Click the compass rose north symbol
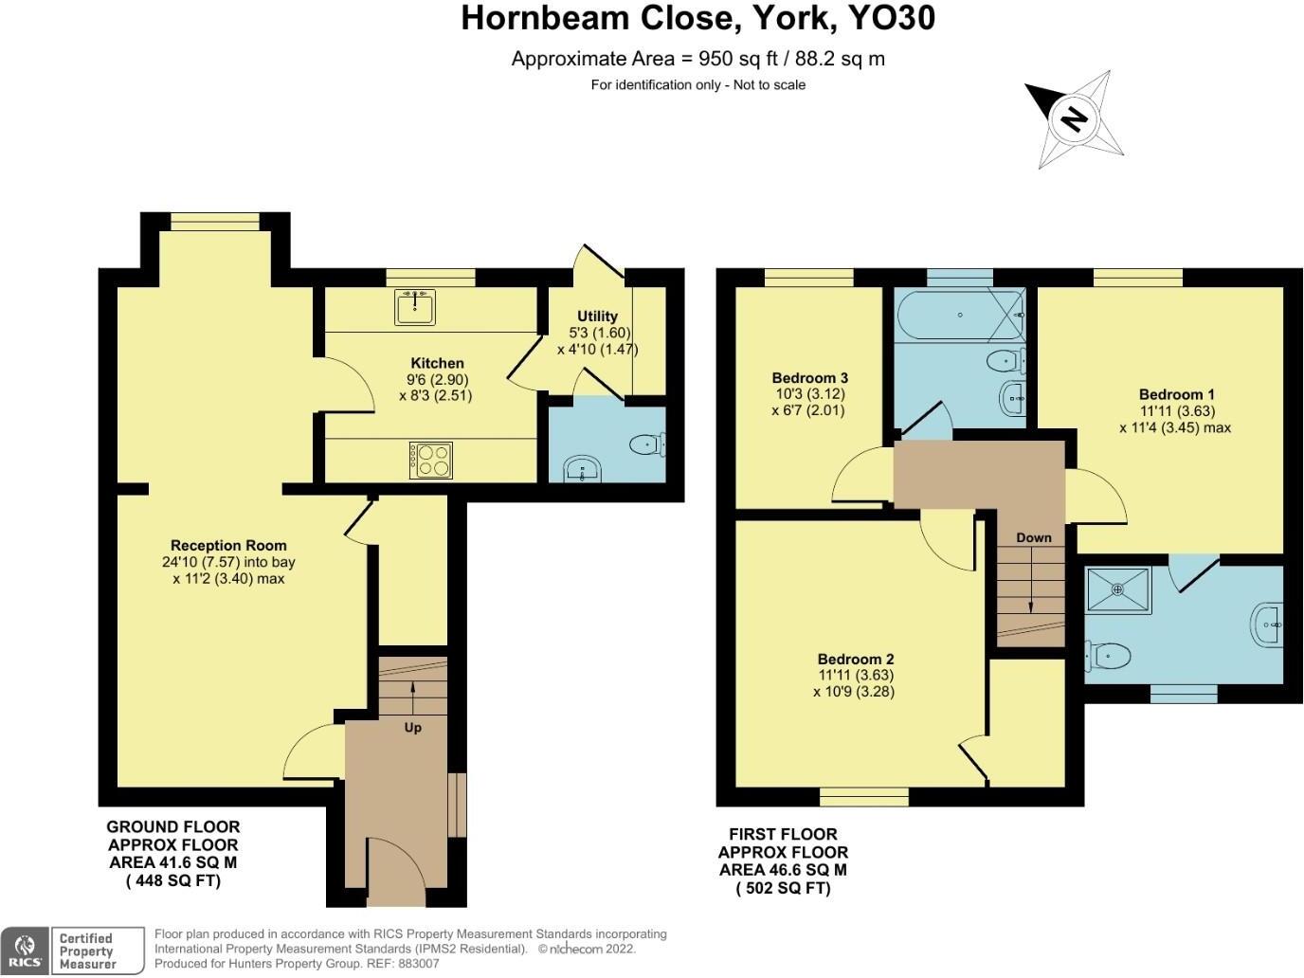tap(1075, 119)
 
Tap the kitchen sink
tap(415, 307)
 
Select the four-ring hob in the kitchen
tap(430, 461)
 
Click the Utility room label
tap(597, 317)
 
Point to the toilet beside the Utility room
tap(647, 443)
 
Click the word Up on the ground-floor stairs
tap(413, 728)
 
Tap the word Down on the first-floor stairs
tap(1034, 537)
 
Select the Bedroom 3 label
tap(809, 378)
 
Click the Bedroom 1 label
tap(1176, 394)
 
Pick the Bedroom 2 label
tap(856, 659)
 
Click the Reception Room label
tap(228, 545)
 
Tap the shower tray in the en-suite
tap(1118, 589)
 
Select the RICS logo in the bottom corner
tap(24, 951)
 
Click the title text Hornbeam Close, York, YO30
tap(697, 18)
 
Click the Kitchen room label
tap(437, 363)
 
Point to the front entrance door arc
tap(389, 867)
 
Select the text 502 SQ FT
tap(784, 888)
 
